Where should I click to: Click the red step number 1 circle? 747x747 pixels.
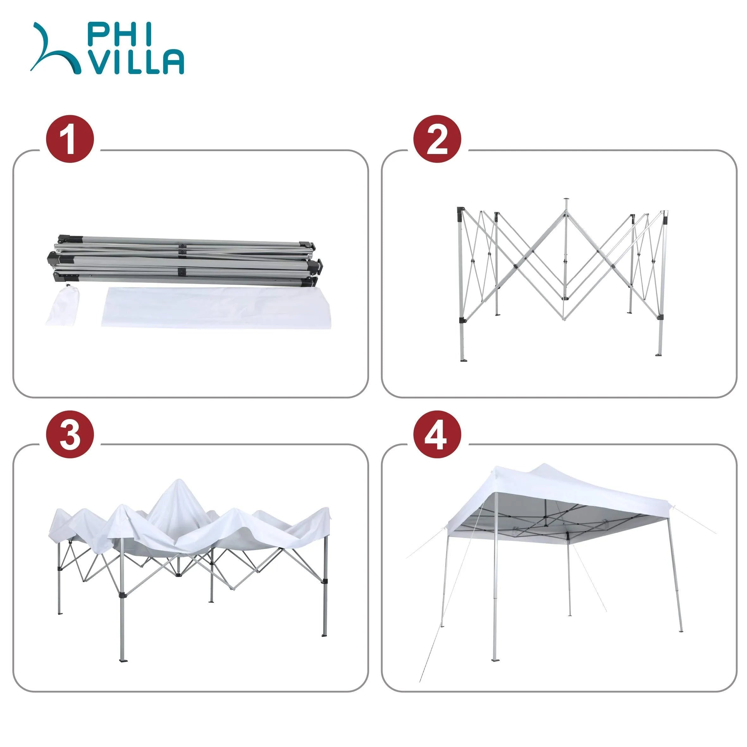(x=70, y=139)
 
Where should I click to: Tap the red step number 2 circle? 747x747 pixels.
(x=437, y=139)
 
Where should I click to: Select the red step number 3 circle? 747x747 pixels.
(x=70, y=435)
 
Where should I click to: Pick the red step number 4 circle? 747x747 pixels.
(x=437, y=435)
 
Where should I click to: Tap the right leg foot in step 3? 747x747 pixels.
(x=324, y=634)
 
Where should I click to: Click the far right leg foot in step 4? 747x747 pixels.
(x=681, y=631)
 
